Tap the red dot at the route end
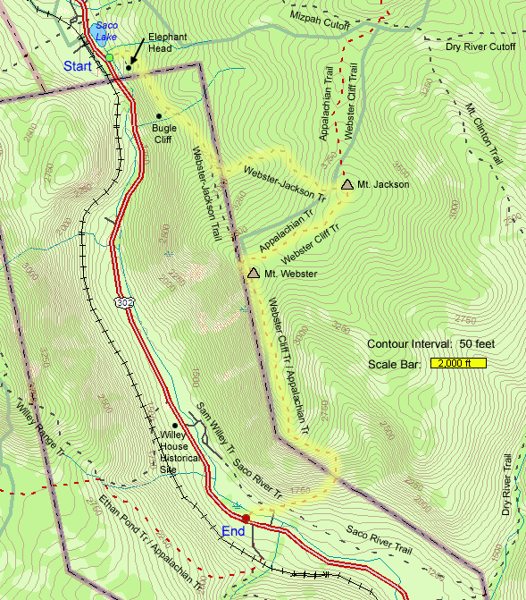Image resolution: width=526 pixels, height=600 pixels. pos(246,518)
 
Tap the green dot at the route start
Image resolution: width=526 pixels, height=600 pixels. pos(109,57)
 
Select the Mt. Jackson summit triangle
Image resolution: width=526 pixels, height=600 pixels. pos(346,183)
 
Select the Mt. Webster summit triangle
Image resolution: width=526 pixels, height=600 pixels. pos(254,273)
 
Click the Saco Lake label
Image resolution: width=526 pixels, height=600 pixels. pos(106,32)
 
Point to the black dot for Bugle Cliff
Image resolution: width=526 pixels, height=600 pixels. pos(159,115)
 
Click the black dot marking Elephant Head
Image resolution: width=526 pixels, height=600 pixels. pos(129,67)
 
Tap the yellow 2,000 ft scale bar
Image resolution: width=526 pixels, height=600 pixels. pos(458,363)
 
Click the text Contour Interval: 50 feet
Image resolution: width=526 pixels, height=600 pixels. pos(430,344)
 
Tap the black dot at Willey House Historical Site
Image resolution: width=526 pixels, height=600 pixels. pos(175,425)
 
